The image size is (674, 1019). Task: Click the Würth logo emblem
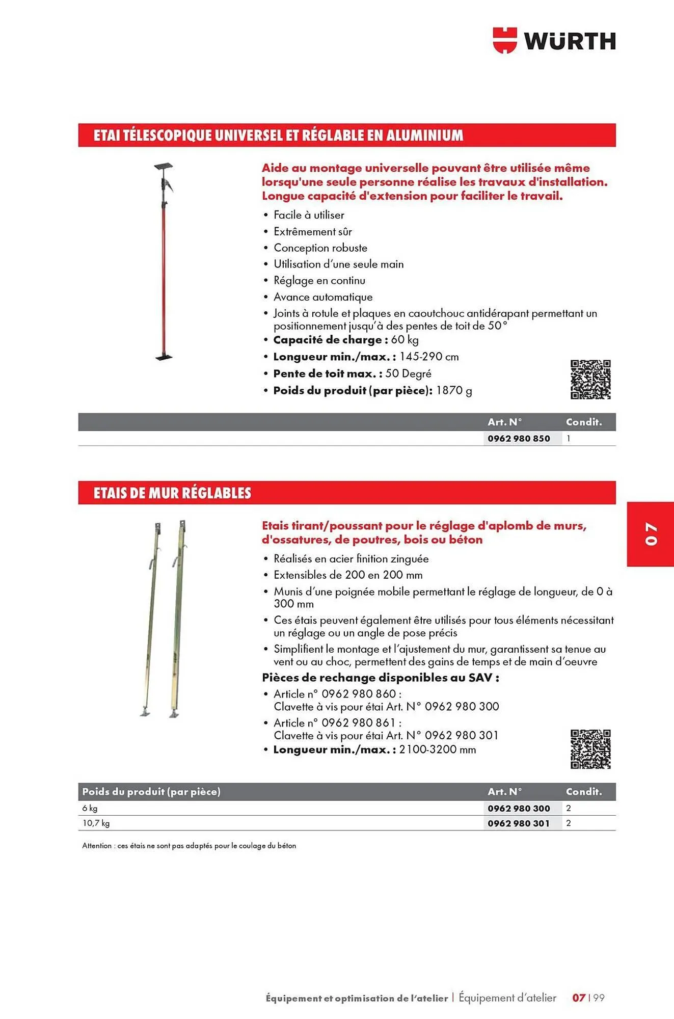click(x=504, y=40)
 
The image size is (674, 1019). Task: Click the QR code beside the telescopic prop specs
click(x=590, y=379)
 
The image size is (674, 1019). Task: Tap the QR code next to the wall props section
click(x=590, y=748)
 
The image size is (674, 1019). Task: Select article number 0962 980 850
click(x=519, y=439)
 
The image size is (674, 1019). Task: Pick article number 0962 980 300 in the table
click(x=519, y=809)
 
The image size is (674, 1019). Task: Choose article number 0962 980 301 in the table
click(x=519, y=823)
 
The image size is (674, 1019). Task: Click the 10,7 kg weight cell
click(x=96, y=823)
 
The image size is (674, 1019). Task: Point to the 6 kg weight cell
click(x=90, y=809)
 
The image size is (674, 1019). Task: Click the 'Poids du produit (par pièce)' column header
click(x=151, y=792)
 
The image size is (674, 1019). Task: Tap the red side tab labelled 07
click(x=651, y=534)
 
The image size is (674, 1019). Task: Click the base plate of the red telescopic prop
click(x=164, y=358)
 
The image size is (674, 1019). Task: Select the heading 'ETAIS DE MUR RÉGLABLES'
click(x=172, y=493)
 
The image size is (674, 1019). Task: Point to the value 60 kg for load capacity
click(x=405, y=340)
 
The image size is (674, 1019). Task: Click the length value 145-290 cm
click(x=429, y=357)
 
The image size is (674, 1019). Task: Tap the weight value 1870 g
click(x=454, y=391)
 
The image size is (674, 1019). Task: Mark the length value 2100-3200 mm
click(x=438, y=750)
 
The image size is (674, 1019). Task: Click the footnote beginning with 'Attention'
click(x=189, y=846)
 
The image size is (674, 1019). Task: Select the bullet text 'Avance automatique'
click(x=323, y=297)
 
